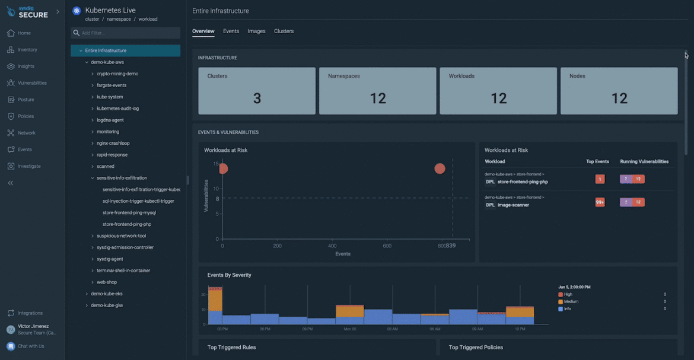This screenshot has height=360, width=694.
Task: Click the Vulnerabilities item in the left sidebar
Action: click(x=32, y=83)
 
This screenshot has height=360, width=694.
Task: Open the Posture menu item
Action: click(x=26, y=100)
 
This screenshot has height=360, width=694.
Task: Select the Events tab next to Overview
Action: click(x=231, y=31)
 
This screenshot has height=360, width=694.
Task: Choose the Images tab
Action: click(x=256, y=31)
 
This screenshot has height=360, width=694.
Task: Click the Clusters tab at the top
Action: click(x=284, y=31)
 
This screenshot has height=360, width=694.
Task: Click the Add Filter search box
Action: click(x=126, y=33)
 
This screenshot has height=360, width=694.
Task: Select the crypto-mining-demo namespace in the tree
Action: click(x=117, y=74)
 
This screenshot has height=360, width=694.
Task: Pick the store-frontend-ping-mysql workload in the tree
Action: click(x=129, y=213)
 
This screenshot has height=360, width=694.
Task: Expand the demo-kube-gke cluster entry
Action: click(x=107, y=305)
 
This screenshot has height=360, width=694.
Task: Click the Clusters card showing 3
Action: click(x=257, y=91)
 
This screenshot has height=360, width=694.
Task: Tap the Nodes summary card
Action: click(x=619, y=91)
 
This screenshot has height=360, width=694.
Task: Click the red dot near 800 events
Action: click(x=440, y=168)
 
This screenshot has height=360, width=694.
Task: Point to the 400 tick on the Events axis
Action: click(x=332, y=246)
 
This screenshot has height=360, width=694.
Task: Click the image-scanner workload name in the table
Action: click(x=513, y=205)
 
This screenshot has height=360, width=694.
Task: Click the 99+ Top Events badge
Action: click(x=600, y=202)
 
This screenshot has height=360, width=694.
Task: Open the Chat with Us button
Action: click(x=30, y=346)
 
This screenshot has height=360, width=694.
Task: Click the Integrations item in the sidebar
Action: click(x=30, y=313)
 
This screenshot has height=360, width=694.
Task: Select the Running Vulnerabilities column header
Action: click(x=644, y=161)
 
